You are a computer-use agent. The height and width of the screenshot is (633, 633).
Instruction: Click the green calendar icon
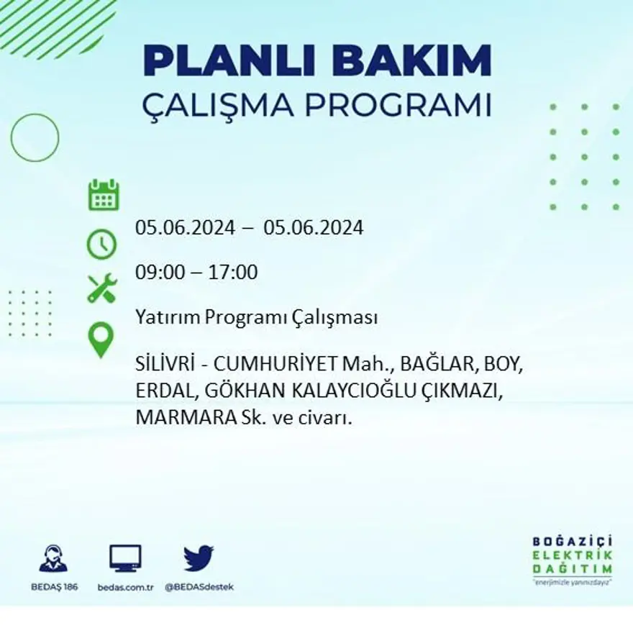point(104,196)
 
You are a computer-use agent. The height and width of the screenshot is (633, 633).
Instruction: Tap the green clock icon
point(101,244)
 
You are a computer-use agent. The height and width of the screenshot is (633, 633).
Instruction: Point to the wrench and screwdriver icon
point(101,288)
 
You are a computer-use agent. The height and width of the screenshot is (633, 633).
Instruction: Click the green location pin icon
point(101,340)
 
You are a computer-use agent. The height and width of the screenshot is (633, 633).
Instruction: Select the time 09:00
point(159,273)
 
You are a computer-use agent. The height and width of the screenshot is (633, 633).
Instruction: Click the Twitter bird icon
point(199,558)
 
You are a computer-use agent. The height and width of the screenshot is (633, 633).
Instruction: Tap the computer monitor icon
point(125,558)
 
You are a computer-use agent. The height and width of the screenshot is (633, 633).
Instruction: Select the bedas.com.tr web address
point(125,587)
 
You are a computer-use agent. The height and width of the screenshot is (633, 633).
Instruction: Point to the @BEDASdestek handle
point(199,587)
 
